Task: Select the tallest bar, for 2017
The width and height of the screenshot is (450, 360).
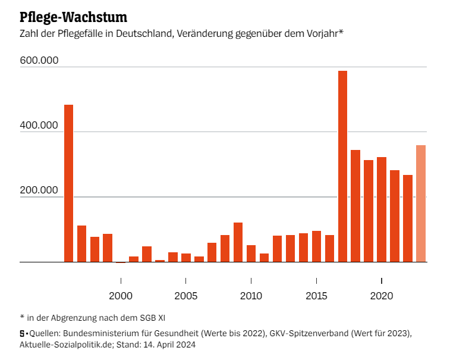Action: click(342, 166)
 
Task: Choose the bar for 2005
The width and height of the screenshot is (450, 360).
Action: click(186, 258)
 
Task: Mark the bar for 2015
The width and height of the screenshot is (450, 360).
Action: click(316, 246)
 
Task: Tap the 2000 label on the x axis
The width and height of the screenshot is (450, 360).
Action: click(121, 295)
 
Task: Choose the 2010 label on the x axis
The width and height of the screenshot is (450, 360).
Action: click(251, 295)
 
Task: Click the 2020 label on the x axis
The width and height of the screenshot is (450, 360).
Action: click(381, 295)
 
